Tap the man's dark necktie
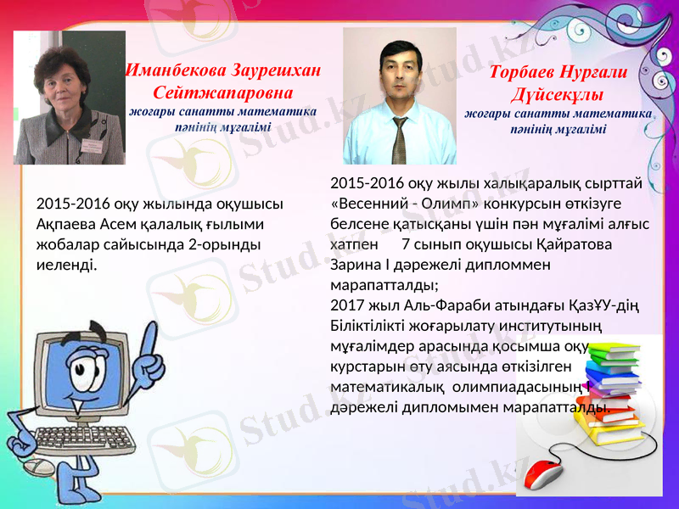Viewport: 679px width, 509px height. pyautogui.click(x=399, y=140)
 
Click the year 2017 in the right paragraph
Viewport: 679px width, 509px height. pyautogui.click(x=344, y=305)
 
